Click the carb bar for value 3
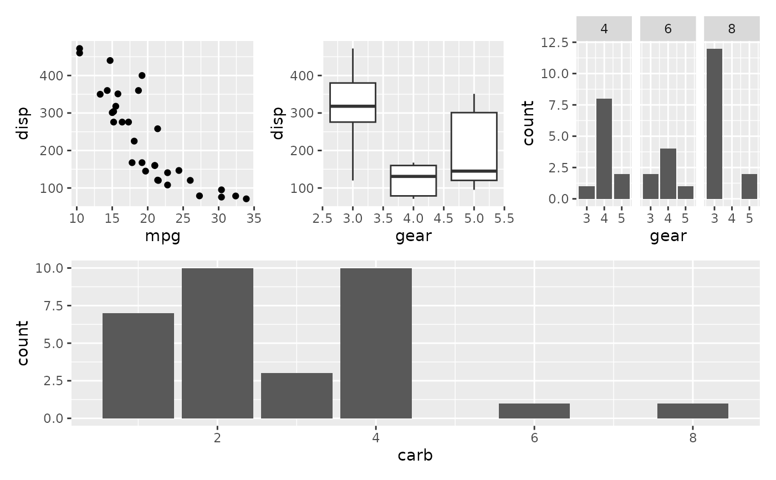tap(297, 396)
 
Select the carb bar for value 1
tap(138, 366)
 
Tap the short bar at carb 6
tap(534, 411)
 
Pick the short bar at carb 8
tap(693, 411)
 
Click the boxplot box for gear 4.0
tap(413, 181)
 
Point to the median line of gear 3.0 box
tap(353, 106)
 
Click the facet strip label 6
tap(668, 29)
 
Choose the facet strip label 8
tap(732, 29)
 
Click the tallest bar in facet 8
tap(714, 124)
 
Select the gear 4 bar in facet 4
tap(604, 149)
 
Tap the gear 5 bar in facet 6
tap(685, 192)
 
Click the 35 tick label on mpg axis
tap(254, 218)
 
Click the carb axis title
tap(415, 456)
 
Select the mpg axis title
tap(162, 237)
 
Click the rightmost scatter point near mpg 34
tap(246, 199)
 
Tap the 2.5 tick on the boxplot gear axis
tap(322, 218)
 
